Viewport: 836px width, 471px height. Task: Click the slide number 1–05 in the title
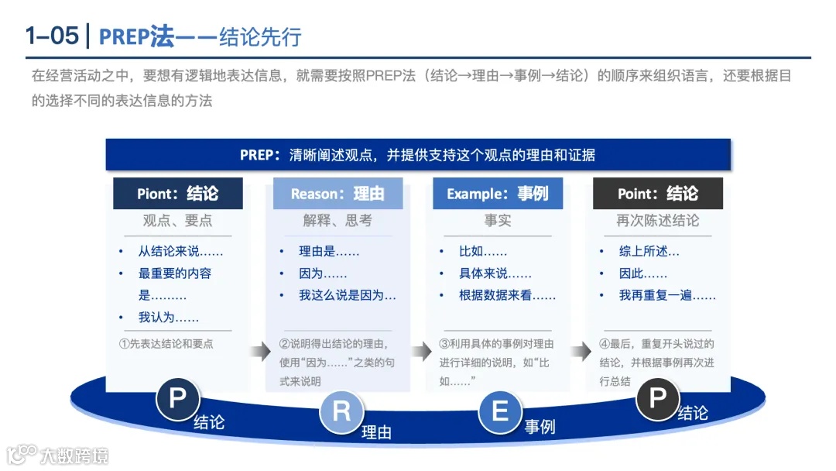[x=51, y=36]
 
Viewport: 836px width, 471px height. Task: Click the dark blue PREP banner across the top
[x=418, y=154]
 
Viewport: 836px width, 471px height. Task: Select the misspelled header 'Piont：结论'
[x=178, y=194]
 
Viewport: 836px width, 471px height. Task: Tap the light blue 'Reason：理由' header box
[x=337, y=194]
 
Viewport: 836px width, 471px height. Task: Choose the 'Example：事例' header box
[x=498, y=194]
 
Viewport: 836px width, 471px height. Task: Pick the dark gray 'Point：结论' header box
[x=658, y=194]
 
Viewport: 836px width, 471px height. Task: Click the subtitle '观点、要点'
[x=177, y=221]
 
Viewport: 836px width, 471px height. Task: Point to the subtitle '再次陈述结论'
[x=657, y=221]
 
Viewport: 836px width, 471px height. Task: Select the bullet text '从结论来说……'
[x=180, y=252]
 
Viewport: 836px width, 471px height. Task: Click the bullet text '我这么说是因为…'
[x=348, y=295]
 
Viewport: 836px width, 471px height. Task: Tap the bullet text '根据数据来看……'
[x=507, y=295]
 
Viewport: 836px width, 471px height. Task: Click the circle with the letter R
[x=341, y=412]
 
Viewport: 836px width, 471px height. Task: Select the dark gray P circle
[x=657, y=399]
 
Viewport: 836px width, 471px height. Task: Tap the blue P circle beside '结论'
[x=178, y=399]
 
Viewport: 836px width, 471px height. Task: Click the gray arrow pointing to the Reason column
[x=261, y=352]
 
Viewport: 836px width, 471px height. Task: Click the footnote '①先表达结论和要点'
[x=166, y=344]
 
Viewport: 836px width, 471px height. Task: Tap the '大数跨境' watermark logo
[x=58, y=454]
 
